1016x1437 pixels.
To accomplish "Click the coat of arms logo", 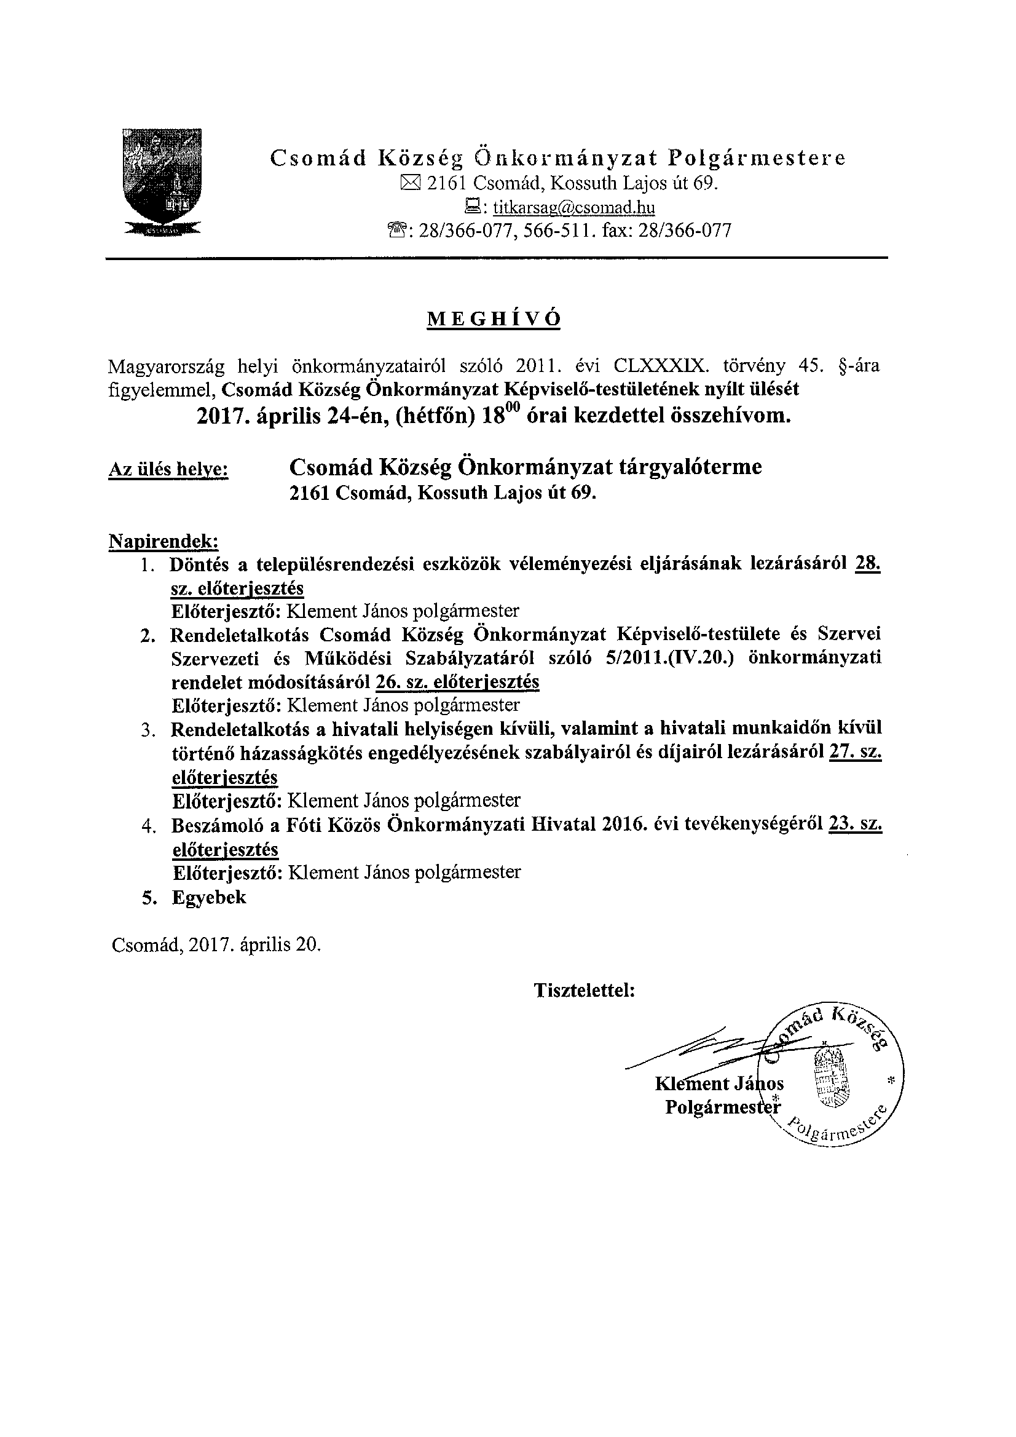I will pyautogui.click(x=162, y=181).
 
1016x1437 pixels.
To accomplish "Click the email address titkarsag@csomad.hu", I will pyautogui.click(x=573, y=207).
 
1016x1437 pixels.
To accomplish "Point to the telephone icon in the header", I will pyautogui.click(x=398, y=232).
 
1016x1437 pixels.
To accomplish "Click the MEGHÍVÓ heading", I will pyautogui.click(x=494, y=320).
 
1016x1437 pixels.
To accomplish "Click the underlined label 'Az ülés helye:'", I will pyautogui.click(x=168, y=470).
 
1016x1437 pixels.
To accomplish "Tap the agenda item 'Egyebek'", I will pyautogui.click(x=209, y=898).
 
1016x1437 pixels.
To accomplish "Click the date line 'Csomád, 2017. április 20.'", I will pyautogui.click(x=216, y=944).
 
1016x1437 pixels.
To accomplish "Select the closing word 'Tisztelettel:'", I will pyautogui.click(x=585, y=991).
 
